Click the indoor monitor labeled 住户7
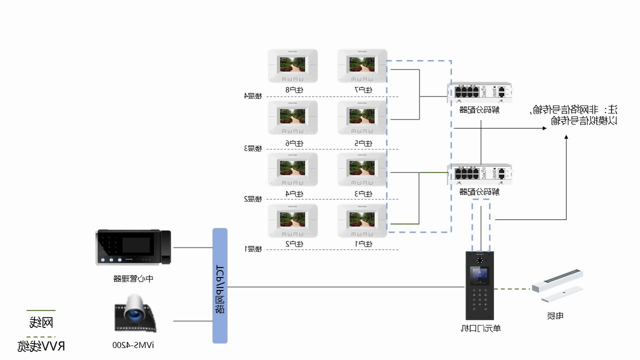pyautogui.click(x=362, y=65)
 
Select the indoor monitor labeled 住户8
pyautogui.click(x=293, y=65)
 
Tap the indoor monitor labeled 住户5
pyautogui.click(x=362, y=117)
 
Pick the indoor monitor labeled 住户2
pyautogui.click(x=293, y=220)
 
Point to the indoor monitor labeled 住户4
pyautogui.click(x=293, y=169)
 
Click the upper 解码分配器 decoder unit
pyautogui.click(x=480, y=92)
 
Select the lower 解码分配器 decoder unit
pyautogui.click(x=480, y=174)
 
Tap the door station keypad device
pyautogui.click(x=480, y=285)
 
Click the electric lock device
pyautogui.click(x=557, y=286)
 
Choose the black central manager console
pyautogui.click(x=133, y=248)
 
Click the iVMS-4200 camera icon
pyautogui.click(x=134, y=313)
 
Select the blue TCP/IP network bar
pyautogui.click(x=220, y=286)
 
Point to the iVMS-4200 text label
pyautogui.click(x=133, y=345)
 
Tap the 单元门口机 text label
pyautogui.click(x=480, y=328)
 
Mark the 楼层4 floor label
pyautogui.click(x=253, y=96)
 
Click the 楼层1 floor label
pyautogui.click(x=253, y=249)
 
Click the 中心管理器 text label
pyautogui.click(x=133, y=278)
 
